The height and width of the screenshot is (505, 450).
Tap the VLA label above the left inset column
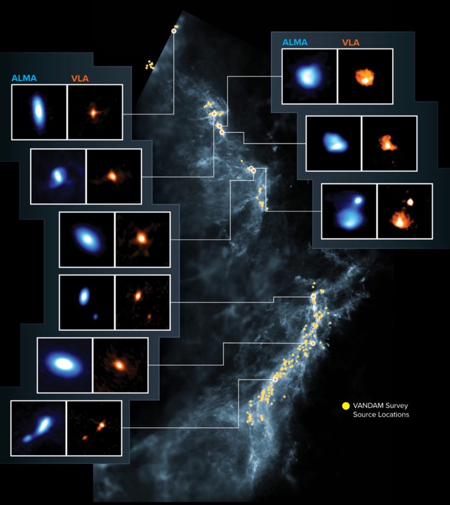pos(80,78)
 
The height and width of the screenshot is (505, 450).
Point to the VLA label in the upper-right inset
pos(351,43)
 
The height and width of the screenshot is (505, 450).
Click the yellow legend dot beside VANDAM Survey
pos(345,405)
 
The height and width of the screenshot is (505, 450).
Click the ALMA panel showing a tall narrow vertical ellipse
pos(39,112)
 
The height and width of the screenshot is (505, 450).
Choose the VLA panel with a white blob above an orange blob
pos(405,211)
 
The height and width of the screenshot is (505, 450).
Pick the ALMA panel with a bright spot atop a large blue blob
pos(349,211)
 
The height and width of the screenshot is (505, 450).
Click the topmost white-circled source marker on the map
pos(174,31)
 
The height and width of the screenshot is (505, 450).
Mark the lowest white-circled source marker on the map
pos(275,379)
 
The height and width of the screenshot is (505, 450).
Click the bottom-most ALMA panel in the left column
pos(38,428)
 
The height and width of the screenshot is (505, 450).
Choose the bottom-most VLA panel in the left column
pos(94,428)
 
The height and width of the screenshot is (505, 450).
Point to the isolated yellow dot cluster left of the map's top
pos(150,65)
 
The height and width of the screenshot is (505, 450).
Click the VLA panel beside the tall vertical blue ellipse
pos(95,112)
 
